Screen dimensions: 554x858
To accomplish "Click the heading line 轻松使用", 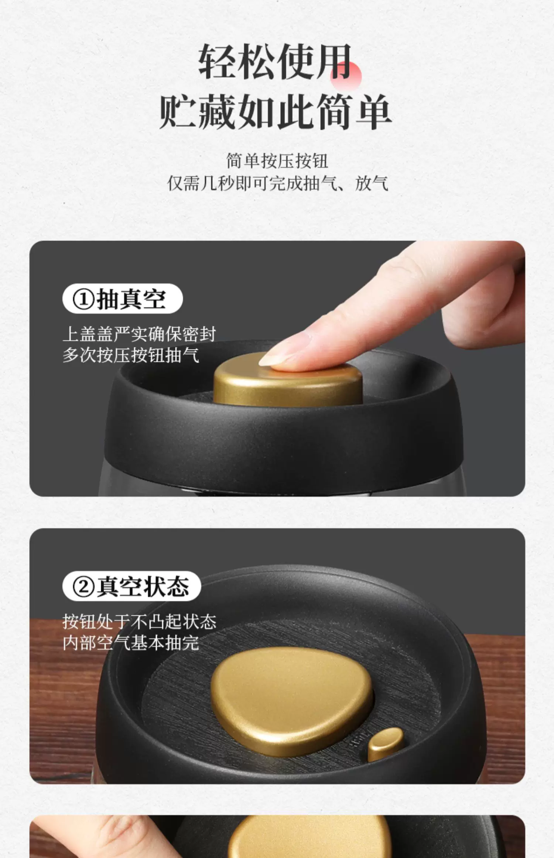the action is point(275,61).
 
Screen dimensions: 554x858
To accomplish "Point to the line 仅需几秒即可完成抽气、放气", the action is point(278,183).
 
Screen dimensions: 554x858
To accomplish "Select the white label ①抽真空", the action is point(122,299).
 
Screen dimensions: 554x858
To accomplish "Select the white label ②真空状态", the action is point(131,586).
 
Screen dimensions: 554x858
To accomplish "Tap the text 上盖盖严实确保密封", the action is point(139,334).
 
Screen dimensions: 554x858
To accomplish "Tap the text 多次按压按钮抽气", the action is point(131,355).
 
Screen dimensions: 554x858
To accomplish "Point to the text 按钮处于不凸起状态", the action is point(139,622).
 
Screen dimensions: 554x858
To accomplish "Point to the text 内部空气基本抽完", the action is point(131,643).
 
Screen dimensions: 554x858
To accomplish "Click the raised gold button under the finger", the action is point(287,382).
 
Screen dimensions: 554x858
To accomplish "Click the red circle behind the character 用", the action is point(346,75).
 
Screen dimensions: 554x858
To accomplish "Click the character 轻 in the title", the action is point(216,61).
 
